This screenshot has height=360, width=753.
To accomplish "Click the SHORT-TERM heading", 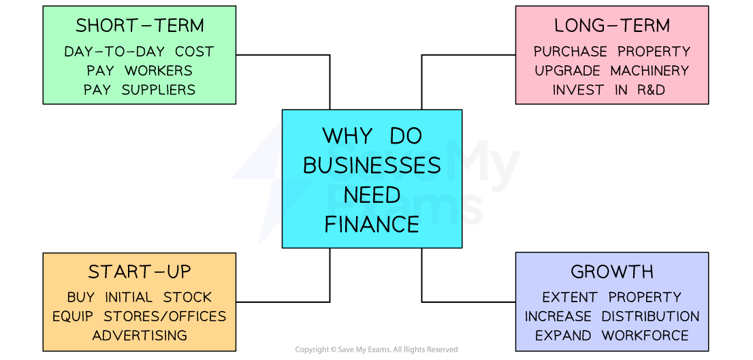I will [x=140, y=26].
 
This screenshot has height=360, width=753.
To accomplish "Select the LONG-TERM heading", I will [x=611, y=26].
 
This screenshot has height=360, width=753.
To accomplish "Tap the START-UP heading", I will [x=140, y=272].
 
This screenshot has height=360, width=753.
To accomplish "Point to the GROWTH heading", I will [x=611, y=272].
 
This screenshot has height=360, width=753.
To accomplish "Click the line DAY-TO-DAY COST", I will [x=140, y=52].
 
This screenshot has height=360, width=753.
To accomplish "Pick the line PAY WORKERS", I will [x=140, y=71].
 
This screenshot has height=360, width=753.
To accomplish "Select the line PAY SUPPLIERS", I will [x=140, y=90].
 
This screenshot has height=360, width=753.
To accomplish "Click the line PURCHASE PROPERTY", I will [x=611, y=52].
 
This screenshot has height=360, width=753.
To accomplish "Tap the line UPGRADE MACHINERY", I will [x=611, y=71].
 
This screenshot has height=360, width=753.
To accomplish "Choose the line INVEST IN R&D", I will [x=611, y=90].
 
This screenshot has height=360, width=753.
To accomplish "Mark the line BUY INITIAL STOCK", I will [x=140, y=297].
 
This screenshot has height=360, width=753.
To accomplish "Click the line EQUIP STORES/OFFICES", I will [x=140, y=316].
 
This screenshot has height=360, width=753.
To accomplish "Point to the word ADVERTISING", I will [x=140, y=336].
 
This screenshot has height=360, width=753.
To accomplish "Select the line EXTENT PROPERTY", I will [x=611, y=297].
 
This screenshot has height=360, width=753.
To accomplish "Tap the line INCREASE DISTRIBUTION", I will [x=611, y=316].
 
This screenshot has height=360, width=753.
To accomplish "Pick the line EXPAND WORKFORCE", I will [x=611, y=336].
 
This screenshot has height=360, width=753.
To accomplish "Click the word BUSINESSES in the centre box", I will [x=372, y=165].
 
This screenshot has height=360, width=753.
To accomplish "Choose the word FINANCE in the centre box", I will [x=372, y=224].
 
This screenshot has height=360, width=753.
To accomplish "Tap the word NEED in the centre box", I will [x=372, y=195].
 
